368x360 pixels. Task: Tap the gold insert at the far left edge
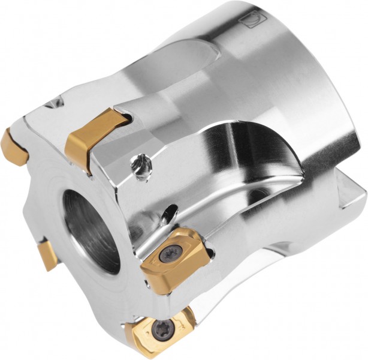point(14,148)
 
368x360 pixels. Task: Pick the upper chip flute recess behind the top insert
point(186,66)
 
